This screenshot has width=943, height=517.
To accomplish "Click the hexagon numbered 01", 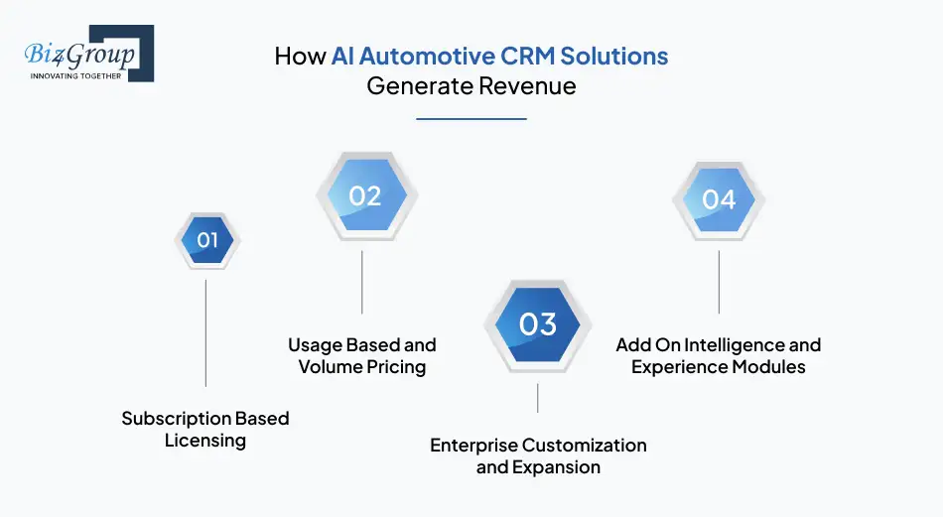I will point(206,239).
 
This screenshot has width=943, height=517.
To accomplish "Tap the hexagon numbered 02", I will point(363,195).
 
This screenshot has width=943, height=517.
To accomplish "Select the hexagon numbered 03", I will point(537,323).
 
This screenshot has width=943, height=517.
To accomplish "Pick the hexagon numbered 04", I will point(719,199).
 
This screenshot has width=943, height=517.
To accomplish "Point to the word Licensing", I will point(204,440).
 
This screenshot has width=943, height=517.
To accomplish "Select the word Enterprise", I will point(473,446).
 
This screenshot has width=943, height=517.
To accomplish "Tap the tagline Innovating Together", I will point(75,75).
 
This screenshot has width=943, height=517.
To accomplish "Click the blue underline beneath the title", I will point(471,119).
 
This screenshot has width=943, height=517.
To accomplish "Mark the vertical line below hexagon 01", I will point(205,331).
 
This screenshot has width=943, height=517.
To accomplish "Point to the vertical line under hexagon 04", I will point(719,282).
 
